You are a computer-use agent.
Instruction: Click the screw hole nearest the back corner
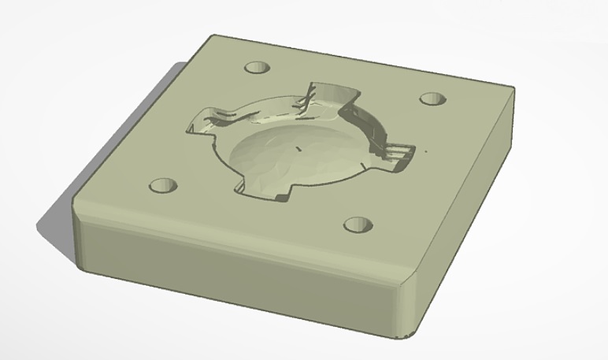[256, 67]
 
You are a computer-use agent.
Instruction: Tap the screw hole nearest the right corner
[432, 98]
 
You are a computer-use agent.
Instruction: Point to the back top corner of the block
[209, 38]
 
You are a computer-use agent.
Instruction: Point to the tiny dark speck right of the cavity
[426, 149]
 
